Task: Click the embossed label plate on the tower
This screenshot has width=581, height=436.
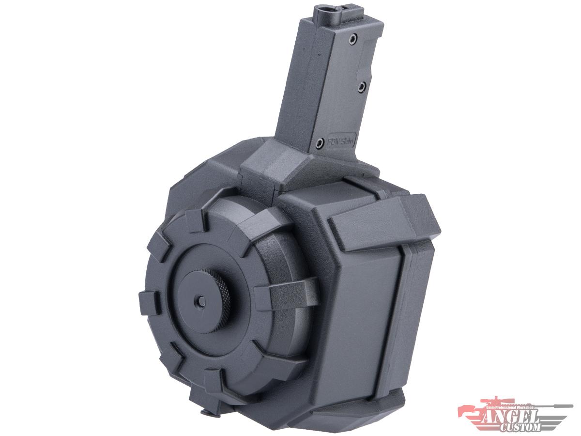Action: pos(341,141)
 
